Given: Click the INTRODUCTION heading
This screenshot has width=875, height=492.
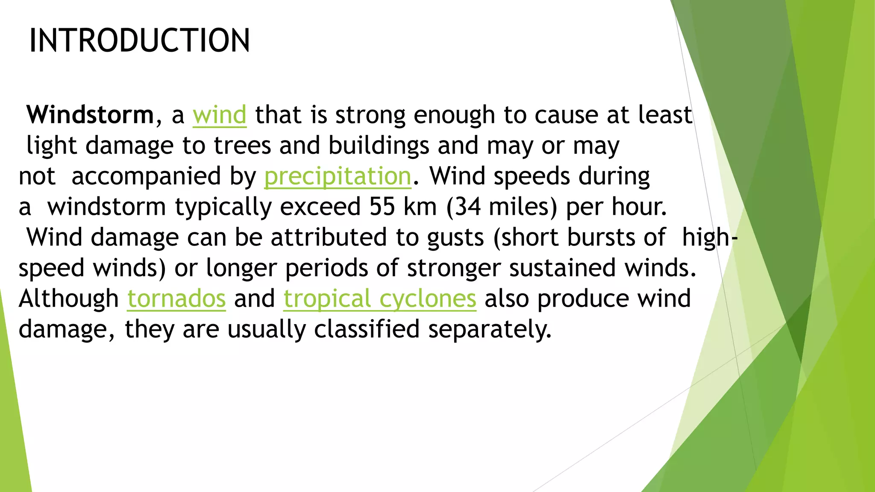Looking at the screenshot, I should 139,41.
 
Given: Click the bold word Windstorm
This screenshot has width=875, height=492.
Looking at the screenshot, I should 90,115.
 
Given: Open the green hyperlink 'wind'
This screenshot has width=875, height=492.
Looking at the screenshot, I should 220,115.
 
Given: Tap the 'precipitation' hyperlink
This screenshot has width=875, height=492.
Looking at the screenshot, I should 338,176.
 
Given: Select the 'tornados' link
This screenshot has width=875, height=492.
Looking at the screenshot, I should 176,299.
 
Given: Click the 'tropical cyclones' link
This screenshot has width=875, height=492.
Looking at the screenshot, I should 379,299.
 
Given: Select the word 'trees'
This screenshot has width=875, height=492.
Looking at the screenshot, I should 242,146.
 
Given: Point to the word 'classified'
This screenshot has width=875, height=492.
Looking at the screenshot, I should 367,329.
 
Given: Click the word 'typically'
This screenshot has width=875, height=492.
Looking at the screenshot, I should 223,207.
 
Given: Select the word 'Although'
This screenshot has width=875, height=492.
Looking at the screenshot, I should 69,299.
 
